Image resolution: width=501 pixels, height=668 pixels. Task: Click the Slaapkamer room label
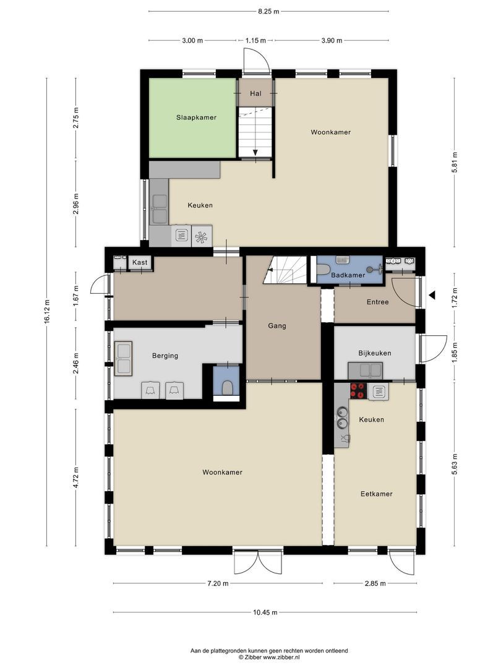pyautogui.click(x=196, y=118)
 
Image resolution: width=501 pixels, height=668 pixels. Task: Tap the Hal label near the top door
pyautogui.click(x=255, y=93)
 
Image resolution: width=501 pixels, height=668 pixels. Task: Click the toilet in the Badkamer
pyautogui.click(x=323, y=270)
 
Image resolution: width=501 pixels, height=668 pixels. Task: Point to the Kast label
pyautogui.click(x=140, y=263)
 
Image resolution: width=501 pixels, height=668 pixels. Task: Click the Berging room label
pyautogui.click(x=165, y=356)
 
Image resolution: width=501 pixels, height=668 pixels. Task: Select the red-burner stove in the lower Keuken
pyautogui.click(x=358, y=390)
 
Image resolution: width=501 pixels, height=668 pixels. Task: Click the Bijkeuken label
pyautogui.click(x=374, y=353)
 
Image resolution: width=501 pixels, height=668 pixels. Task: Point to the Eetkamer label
pyautogui.click(x=376, y=494)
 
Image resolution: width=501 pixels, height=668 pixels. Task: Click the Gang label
pyautogui.click(x=277, y=325)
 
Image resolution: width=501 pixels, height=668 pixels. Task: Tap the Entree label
pyautogui.click(x=377, y=302)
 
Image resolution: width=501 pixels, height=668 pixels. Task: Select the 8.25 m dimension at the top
pyautogui.click(x=268, y=11)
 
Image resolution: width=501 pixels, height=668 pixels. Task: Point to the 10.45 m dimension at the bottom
pyautogui.click(x=265, y=612)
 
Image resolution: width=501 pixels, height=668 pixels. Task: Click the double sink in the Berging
pyautogui.click(x=123, y=358)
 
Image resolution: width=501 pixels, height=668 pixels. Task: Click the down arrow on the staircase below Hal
pyautogui.click(x=255, y=152)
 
